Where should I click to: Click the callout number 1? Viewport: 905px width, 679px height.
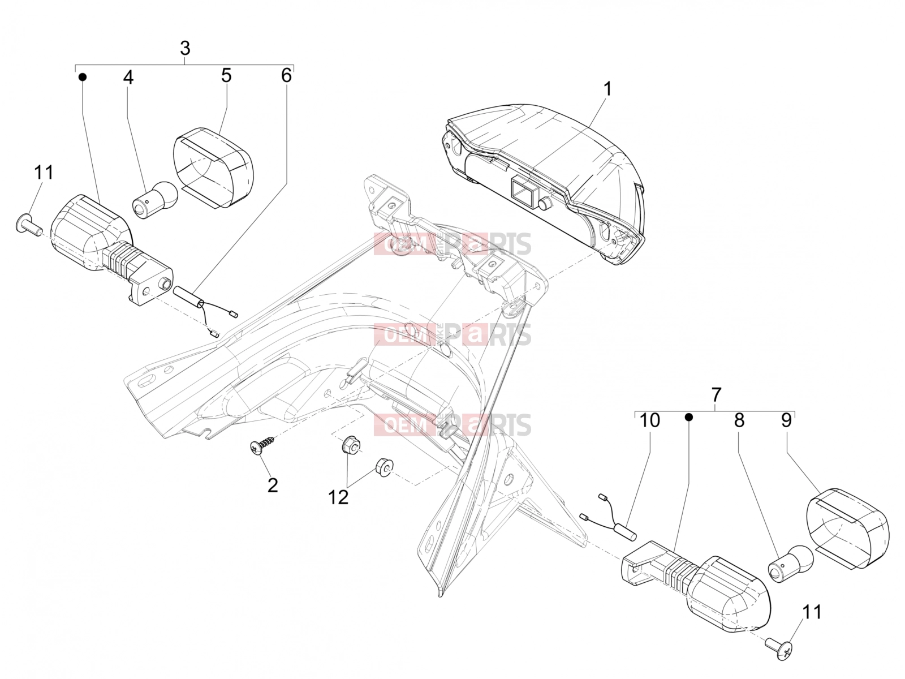click(607, 89)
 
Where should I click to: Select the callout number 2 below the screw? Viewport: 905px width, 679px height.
click(273, 485)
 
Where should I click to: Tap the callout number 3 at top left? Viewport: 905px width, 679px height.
click(185, 48)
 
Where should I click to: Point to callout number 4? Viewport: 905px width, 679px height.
click(128, 77)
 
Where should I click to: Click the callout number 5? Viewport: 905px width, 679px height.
click(226, 75)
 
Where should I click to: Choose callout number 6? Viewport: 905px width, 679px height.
click(286, 75)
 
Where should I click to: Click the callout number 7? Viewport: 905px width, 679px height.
click(717, 394)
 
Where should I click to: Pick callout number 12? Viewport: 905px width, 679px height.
click(338, 497)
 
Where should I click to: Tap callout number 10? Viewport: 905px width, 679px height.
click(650, 420)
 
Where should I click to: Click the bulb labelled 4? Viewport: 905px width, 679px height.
click(154, 200)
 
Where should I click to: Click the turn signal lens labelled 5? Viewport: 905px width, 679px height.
click(213, 167)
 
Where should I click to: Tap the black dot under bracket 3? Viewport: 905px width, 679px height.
click(83, 77)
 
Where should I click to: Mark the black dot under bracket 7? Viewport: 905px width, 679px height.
click(688, 418)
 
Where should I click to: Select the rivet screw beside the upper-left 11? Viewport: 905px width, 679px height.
click(28, 223)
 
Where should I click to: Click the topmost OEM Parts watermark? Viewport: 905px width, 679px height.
click(453, 244)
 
